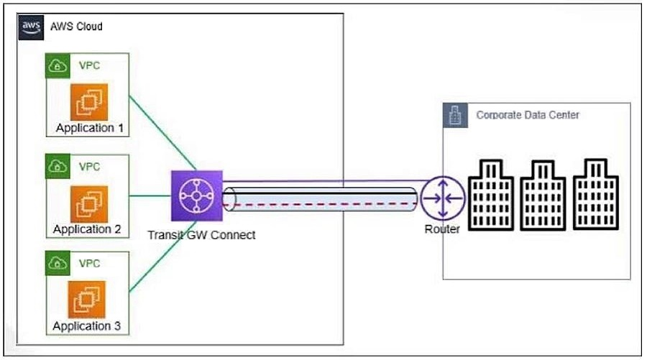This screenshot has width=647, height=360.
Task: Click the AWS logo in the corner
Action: click(x=30, y=27)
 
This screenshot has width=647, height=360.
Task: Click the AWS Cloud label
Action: click(x=76, y=27)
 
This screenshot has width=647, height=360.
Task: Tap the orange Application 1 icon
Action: click(x=88, y=102)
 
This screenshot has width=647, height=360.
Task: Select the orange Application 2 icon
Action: click(x=88, y=203)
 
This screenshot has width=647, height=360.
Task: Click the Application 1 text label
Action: click(x=90, y=129)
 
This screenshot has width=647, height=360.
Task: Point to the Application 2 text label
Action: click(x=87, y=229)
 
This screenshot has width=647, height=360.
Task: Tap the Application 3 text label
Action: click(x=86, y=326)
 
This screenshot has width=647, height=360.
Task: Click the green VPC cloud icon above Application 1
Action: click(x=57, y=65)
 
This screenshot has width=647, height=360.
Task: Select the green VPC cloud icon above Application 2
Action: click(x=57, y=166)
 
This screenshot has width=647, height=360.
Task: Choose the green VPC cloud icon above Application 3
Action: click(x=57, y=263)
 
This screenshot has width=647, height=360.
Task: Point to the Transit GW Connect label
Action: click(x=201, y=234)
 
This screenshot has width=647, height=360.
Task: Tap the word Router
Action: click(x=442, y=229)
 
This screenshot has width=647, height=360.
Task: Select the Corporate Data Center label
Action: click(x=528, y=115)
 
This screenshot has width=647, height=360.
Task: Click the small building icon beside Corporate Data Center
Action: click(x=454, y=116)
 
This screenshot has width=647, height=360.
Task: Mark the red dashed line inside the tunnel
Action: click(x=323, y=204)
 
